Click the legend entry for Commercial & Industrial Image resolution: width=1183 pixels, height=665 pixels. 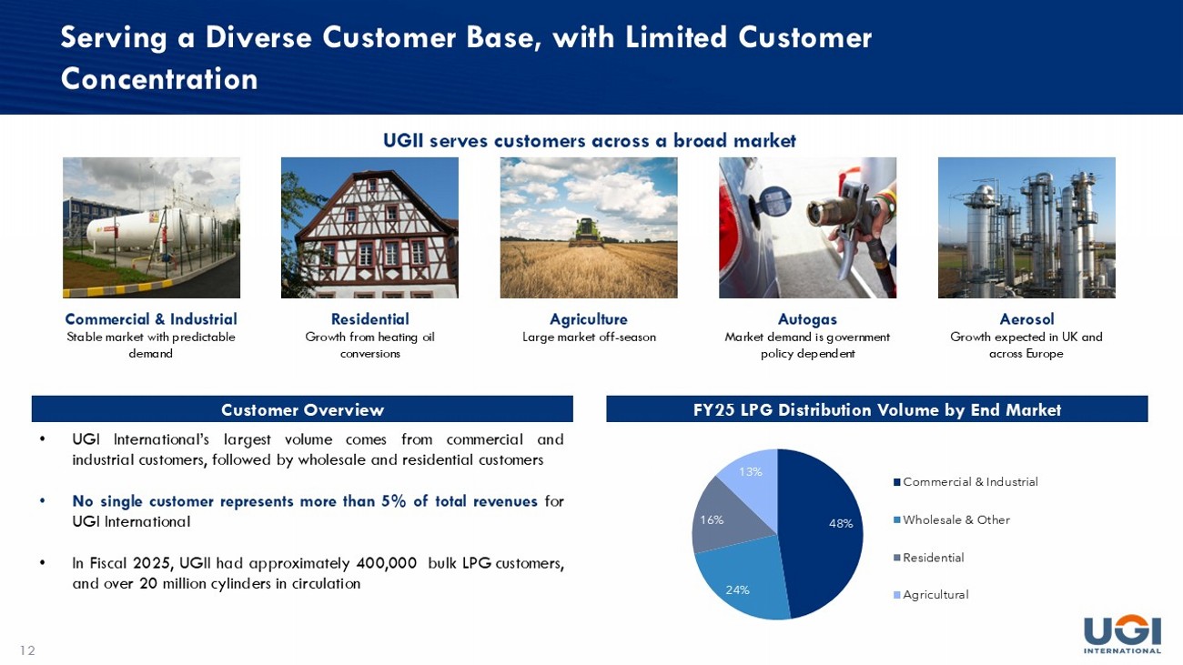(x=966, y=482)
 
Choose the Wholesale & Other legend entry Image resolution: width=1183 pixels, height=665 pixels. (x=951, y=519)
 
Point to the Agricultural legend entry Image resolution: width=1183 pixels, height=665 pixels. (x=931, y=595)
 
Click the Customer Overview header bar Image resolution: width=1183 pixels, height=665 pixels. (x=302, y=409)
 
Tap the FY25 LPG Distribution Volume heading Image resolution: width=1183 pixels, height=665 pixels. (x=876, y=409)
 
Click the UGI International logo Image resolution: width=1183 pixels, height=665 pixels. (x=1122, y=635)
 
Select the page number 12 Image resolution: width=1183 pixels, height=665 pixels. (x=27, y=650)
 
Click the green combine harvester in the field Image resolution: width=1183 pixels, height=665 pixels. (x=587, y=233)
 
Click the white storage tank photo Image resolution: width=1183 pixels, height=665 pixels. (x=151, y=227)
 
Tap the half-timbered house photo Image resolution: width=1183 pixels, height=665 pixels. (x=369, y=227)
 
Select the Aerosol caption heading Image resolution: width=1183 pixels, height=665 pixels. (x=1026, y=318)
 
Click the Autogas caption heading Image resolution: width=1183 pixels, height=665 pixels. (x=807, y=319)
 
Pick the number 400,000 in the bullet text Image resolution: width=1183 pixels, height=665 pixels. (x=387, y=563)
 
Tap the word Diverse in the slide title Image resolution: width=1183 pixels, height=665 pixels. (x=258, y=37)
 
